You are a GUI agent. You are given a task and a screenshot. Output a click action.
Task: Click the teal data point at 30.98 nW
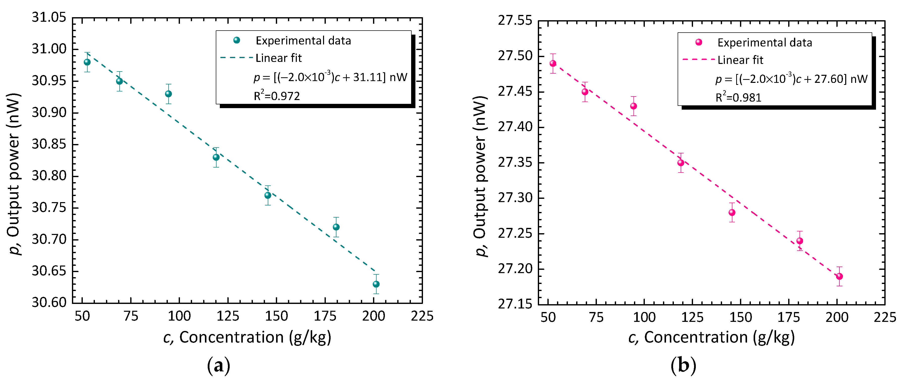87,62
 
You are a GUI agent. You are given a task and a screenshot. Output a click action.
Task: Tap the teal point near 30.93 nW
168,94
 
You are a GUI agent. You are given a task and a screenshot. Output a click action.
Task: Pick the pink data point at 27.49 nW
553,63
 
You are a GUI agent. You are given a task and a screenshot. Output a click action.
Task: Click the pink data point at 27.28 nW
732,213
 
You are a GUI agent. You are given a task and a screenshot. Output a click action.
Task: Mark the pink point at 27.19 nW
839,276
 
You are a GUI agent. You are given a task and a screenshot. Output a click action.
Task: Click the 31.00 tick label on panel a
49,49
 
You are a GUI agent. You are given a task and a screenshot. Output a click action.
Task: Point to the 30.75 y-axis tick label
49,208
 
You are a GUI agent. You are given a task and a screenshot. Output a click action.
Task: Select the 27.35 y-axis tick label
515,163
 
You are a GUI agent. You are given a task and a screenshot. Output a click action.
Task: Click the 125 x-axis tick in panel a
228,316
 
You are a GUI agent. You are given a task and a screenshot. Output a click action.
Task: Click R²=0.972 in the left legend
277,96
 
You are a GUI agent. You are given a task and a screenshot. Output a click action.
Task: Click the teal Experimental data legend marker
237,40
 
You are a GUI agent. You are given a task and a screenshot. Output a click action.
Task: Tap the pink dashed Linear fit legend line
698,60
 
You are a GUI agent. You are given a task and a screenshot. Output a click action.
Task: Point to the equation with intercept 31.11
330,77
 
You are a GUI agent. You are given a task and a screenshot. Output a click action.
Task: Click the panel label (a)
219,366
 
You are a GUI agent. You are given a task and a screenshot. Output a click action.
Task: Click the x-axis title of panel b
711,338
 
